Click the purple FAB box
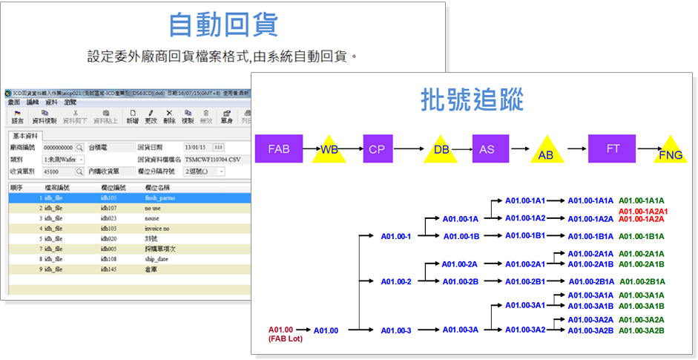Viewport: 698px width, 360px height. tap(279, 148)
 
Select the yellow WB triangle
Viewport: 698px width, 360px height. tap(329, 150)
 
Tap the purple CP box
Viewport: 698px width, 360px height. tap(377, 148)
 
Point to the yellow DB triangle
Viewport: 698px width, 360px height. tap(442, 150)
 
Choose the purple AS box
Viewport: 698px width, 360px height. tap(487, 148)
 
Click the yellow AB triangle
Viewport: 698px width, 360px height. tap(545, 151)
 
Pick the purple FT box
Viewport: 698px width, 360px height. tap(613, 148)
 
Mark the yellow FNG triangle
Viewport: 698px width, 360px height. tap(671, 151)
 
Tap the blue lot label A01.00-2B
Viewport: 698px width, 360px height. tap(460, 281)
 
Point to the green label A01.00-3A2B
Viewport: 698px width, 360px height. tap(642, 330)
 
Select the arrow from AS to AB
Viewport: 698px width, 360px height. tap(518, 148)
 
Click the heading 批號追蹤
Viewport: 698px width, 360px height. tap(472, 99)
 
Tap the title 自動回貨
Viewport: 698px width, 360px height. tap(223, 24)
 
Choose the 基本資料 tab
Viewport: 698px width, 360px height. tap(27, 137)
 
